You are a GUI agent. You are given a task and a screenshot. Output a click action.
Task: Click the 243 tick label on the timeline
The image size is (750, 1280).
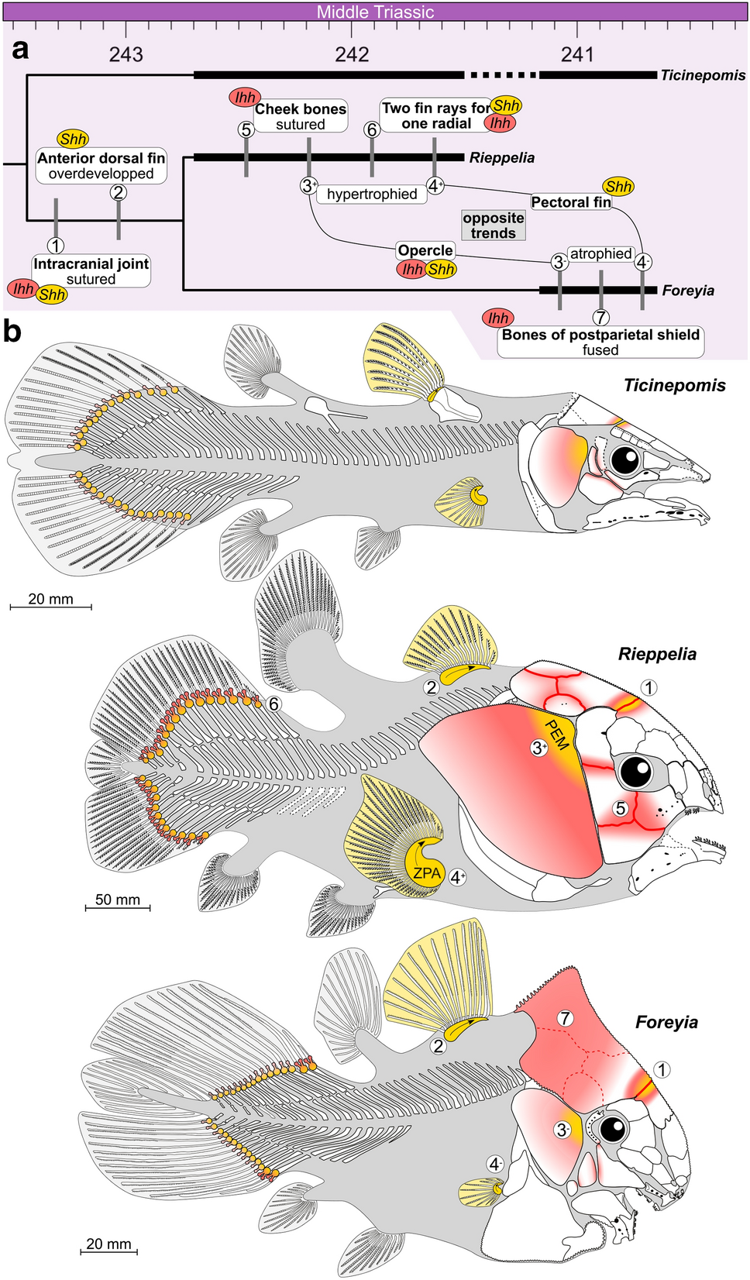(x=126, y=54)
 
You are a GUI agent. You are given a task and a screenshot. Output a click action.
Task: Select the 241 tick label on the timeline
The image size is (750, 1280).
(x=577, y=54)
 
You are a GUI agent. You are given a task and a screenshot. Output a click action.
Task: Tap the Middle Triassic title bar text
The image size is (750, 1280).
(x=375, y=12)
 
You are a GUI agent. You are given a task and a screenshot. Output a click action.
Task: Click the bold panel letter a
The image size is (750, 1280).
(x=20, y=50)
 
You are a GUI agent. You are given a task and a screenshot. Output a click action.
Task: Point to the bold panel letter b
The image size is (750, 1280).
(x=12, y=332)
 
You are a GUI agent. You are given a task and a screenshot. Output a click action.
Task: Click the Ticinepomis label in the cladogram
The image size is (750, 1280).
(x=703, y=75)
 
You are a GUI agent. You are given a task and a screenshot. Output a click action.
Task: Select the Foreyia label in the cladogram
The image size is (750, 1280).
(x=688, y=291)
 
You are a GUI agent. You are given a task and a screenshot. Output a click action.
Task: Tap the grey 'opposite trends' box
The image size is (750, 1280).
(x=494, y=225)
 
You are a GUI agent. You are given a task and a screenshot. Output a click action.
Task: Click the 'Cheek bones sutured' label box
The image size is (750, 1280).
(x=301, y=116)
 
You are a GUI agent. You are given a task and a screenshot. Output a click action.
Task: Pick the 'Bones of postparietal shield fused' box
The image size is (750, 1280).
(x=600, y=342)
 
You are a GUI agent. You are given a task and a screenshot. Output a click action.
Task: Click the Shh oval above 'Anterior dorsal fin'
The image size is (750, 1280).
(x=73, y=139)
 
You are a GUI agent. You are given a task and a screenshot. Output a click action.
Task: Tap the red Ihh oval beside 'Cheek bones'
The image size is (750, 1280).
(x=245, y=97)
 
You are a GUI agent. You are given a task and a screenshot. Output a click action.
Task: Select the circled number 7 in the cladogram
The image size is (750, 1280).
(x=600, y=317)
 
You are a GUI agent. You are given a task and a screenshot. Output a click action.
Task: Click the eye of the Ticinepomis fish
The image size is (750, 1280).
(x=624, y=460)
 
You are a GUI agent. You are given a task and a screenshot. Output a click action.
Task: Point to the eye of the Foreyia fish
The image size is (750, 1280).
(x=613, y=1128)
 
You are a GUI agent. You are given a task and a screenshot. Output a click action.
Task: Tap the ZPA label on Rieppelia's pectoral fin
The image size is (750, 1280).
(x=427, y=873)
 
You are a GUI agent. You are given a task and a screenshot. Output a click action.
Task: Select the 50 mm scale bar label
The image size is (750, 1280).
(x=118, y=900)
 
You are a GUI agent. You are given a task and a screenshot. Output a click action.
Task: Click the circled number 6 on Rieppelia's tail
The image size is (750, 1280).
(x=273, y=704)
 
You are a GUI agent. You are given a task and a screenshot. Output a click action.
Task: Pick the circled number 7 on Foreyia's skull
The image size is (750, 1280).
(x=566, y=1018)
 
